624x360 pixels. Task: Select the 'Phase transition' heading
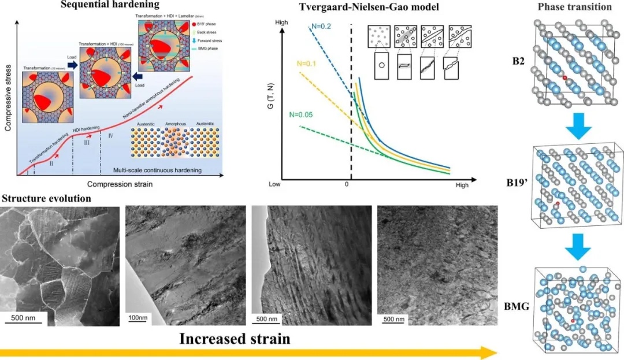pyautogui.click(x=574, y=7)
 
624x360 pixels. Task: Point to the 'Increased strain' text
pyautogui.click(x=235, y=338)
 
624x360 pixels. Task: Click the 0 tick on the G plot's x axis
pyautogui.click(x=347, y=185)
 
